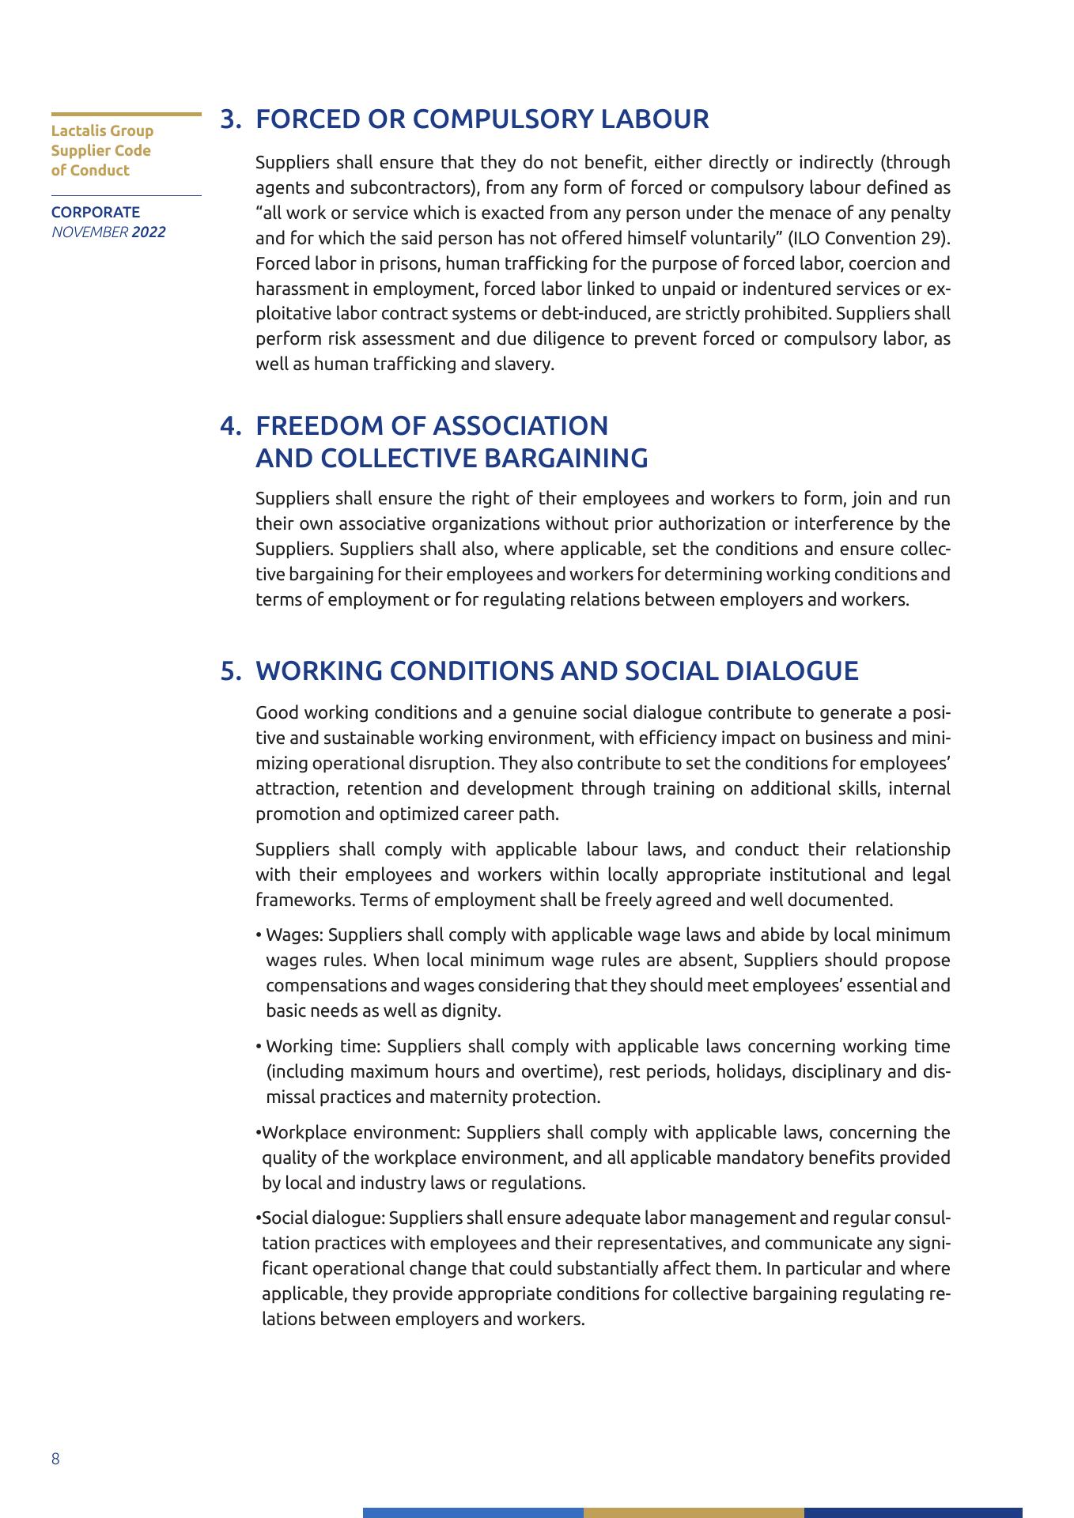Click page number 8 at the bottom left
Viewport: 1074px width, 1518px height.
coord(55,1459)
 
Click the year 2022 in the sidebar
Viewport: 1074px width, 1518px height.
coord(149,232)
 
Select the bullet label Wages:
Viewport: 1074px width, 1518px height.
coord(295,935)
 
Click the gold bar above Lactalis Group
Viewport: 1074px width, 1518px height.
coord(127,115)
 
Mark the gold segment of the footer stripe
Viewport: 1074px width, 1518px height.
coord(694,1512)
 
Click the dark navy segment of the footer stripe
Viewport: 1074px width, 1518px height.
coord(913,1512)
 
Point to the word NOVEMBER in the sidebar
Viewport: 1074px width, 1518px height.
coord(89,232)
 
